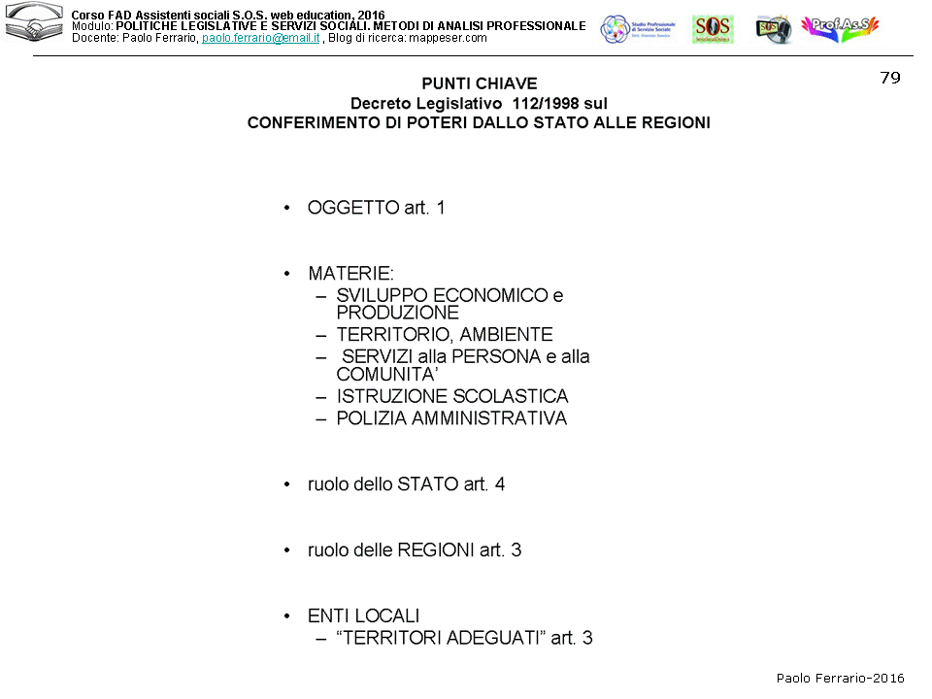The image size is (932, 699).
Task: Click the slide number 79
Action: tap(890, 79)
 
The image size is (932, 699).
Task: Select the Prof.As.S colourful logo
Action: tap(840, 28)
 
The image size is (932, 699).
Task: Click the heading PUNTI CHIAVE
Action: tap(479, 83)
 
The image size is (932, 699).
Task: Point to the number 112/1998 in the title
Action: tap(530, 103)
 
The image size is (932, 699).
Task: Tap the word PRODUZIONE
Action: tap(397, 313)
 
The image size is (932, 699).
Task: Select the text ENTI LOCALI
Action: tap(363, 616)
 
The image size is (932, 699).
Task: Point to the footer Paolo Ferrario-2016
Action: tap(840, 679)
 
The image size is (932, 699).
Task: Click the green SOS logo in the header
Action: tap(712, 29)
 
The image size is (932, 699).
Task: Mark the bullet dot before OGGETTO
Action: tap(286, 209)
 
